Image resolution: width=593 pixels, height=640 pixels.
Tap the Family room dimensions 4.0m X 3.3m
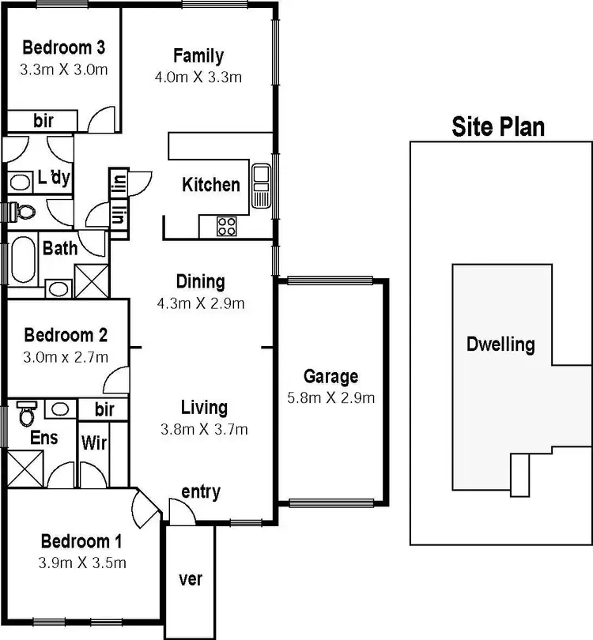(x=198, y=77)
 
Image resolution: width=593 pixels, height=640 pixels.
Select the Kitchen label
(x=211, y=185)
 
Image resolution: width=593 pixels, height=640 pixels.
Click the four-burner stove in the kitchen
(x=226, y=226)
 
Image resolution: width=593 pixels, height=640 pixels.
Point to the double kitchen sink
(x=260, y=186)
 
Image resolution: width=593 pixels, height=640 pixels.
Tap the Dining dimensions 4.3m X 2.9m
(x=200, y=303)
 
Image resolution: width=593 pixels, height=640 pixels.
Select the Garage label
(x=330, y=376)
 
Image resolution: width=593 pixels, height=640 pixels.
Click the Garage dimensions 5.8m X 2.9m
(x=330, y=397)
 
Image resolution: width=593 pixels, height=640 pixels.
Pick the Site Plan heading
(x=498, y=126)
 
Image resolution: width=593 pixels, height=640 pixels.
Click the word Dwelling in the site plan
(x=500, y=344)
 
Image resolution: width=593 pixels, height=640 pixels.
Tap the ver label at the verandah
(x=191, y=579)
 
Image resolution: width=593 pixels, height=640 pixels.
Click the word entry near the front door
(x=201, y=491)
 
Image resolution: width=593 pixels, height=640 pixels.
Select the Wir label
(x=93, y=442)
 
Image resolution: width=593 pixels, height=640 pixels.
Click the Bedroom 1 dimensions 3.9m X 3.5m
(x=82, y=563)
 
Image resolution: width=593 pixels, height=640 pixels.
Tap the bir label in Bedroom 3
(x=43, y=121)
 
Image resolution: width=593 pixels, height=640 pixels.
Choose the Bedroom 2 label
(x=65, y=335)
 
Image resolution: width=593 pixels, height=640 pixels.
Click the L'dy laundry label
(x=54, y=179)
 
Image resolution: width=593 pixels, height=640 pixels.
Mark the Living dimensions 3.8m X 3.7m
(x=204, y=429)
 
